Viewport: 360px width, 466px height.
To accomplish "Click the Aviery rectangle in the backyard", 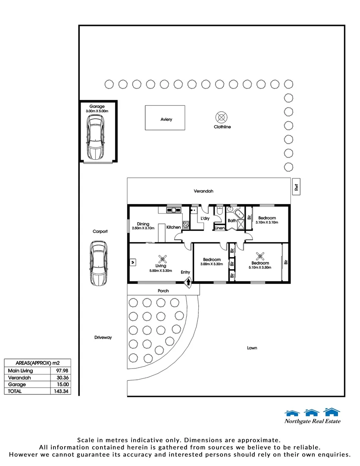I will point(166,117).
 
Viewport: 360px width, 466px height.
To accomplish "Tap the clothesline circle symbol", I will point(222,117).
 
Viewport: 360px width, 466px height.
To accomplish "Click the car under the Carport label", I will point(99,263).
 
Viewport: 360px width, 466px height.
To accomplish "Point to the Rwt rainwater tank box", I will point(296,186).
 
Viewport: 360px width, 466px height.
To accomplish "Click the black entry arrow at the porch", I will point(188,283).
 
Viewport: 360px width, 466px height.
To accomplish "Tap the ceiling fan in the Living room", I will point(163,259).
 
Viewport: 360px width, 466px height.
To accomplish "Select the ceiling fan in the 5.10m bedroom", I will point(260,256).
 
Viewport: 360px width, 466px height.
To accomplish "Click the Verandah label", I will point(203,191).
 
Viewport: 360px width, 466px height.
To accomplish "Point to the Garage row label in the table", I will point(17,384).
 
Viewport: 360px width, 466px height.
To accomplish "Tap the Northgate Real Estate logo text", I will point(312,422).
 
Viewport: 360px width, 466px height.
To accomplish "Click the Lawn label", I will point(252,347).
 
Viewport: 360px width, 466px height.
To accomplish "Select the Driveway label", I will point(103,337).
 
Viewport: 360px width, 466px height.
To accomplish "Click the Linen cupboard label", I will point(219,227).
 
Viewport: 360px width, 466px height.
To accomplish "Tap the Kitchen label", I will point(173,227).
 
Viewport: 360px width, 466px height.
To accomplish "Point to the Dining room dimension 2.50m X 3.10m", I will point(143,228).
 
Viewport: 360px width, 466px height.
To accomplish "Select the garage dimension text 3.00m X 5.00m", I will point(97,111).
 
